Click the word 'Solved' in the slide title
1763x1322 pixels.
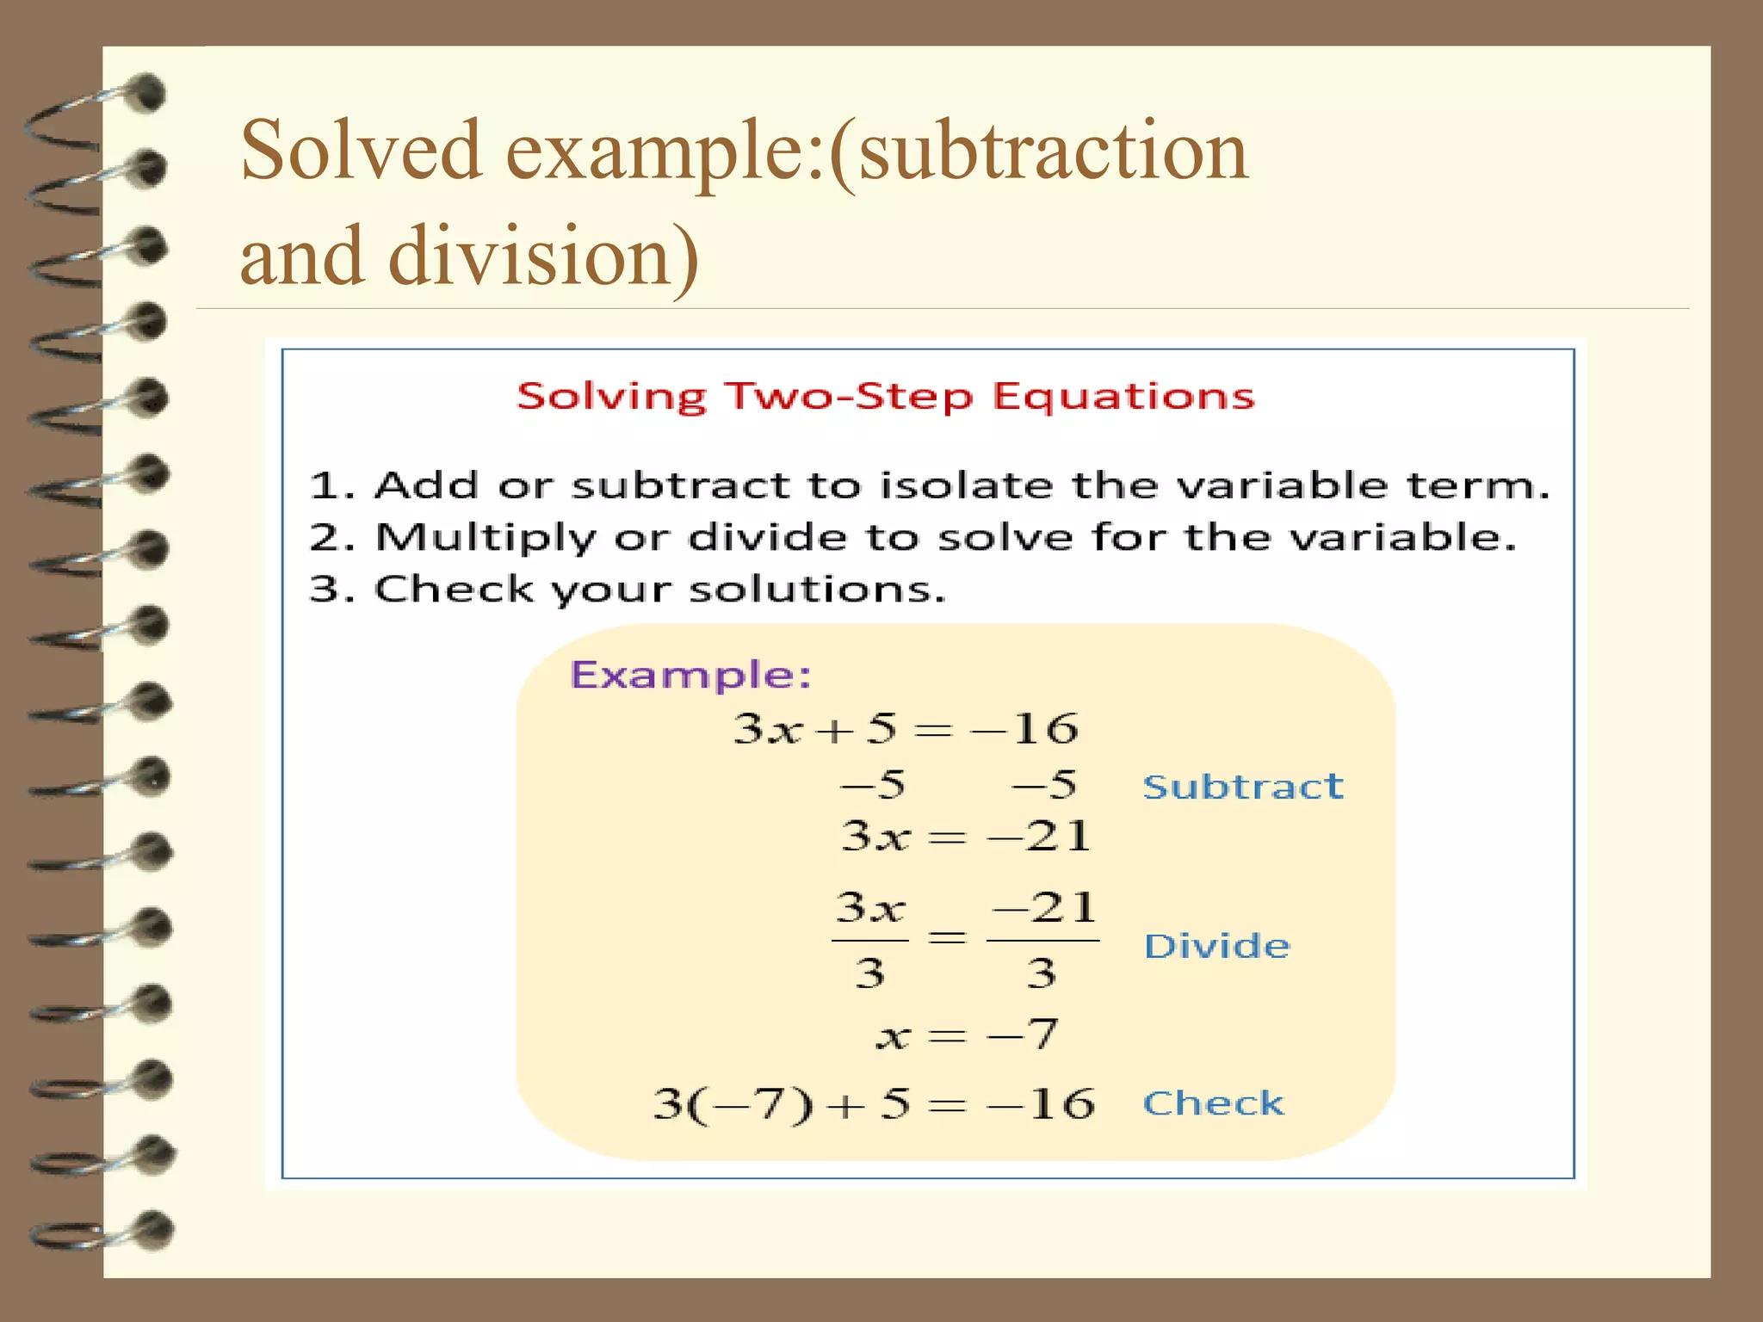pos(361,151)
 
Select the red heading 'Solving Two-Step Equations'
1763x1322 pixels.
pos(885,397)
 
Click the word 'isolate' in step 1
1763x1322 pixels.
pos(966,485)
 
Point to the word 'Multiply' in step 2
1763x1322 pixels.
pos(486,539)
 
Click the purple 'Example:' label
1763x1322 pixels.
pos(691,675)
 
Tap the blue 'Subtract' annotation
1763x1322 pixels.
pos(1242,787)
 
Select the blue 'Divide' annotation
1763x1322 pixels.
pos(1216,946)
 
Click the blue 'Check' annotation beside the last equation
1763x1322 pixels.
pos(1213,1103)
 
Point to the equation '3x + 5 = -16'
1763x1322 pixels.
pos(905,729)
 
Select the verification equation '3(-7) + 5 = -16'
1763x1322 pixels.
pos(873,1104)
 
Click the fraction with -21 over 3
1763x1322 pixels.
pos(1042,940)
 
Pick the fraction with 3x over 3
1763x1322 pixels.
pos(870,940)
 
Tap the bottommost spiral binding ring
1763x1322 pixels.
pos(103,1232)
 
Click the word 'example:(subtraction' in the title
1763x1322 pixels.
pos(876,151)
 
